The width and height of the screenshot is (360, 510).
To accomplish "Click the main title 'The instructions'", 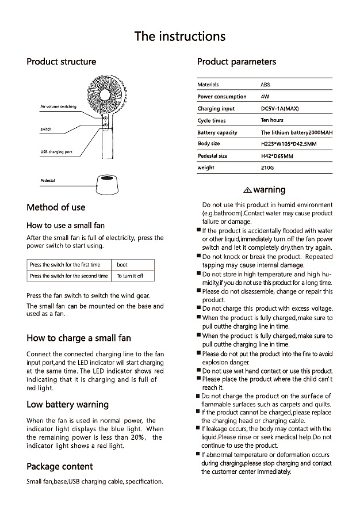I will tap(179, 37).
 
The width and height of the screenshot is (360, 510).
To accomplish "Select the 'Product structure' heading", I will tap(62, 62).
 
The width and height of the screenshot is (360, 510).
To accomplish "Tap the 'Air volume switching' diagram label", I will tap(58, 107).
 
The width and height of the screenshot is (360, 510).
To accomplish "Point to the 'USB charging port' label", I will tap(56, 152).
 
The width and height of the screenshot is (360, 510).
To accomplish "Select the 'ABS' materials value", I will tap(266, 85).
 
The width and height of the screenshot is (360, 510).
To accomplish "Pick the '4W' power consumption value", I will tap(265, 97).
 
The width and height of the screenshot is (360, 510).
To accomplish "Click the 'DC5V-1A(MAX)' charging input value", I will tap(279, 109).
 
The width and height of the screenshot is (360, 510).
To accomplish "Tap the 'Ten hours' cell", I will tap(272, 120).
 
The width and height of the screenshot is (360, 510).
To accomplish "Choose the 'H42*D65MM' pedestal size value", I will tap(277, 156).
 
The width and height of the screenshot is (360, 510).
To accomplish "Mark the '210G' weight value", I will tap(267, 168).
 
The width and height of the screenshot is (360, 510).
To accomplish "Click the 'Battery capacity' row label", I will tap(217, 132).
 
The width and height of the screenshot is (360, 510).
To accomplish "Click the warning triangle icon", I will tap(247, 190).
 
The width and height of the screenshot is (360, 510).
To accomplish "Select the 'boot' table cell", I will tap(122, 265).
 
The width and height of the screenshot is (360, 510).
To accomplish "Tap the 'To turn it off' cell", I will tap(130, 276).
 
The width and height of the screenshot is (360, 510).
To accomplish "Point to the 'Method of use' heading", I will tap(56, 207).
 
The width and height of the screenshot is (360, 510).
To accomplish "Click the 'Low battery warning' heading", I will tap(67, 404).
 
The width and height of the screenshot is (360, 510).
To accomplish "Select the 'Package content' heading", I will tap(59, 466).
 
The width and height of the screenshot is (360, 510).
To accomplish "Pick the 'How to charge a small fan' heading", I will tap(79, 338).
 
